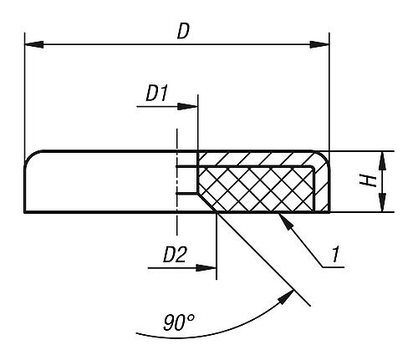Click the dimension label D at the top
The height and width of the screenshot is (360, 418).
pyautogui.click(x=183, y=32)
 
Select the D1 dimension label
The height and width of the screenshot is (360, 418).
pyautogui.click(x=157, y=94)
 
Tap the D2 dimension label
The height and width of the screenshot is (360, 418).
pyautogui.click(x=175, y=255)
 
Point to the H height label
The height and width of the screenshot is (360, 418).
pyautogui.click(x=368, y=181)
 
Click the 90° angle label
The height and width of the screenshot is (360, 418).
pyautogui.click(x=178, y=322)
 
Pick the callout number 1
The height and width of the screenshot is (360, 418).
pyautogui.click(x=335, y=254)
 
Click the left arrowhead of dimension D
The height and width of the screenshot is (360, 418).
pyautogui.click(x=34, y=44)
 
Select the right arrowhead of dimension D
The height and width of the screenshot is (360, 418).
pyautogui.click(x=319, y=44)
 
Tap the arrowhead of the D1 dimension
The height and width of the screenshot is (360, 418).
pyautogui.click(x=187, y=106)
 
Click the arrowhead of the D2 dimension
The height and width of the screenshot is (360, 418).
pyautogui.click(x=206, y=268)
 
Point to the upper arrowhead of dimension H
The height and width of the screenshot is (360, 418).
pyautogui.click(x=383, y=161)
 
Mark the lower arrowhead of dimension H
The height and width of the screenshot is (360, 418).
pyautogui.click(x=383, y=203)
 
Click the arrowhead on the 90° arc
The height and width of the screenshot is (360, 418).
pyautogui.click(x=286, y=297)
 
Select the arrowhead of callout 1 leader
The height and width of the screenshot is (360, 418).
pyautogui.click(x=286, y=221)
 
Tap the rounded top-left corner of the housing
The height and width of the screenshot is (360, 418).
pyautogui.click(x=30, y=156)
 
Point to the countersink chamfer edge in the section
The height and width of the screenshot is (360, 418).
pyautogui.click(x=207, y=202)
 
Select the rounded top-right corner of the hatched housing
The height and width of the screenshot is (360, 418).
pyautogui.click(x=324, y=156)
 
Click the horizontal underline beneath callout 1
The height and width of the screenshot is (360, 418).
pyautogui.click(x=333, y=267)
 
